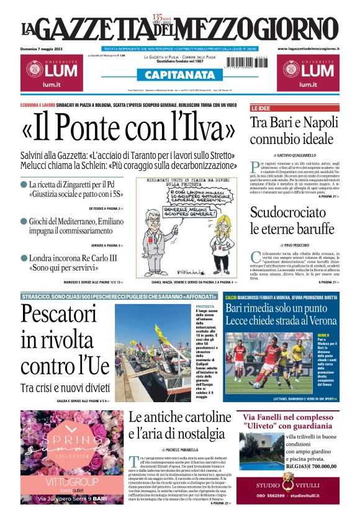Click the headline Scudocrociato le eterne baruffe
pyautogui.click(x=292, y=221)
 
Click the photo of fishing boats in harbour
pyautogui.click(x=153, y=351)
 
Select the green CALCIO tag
pyautogui.click(x=231, y=298)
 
